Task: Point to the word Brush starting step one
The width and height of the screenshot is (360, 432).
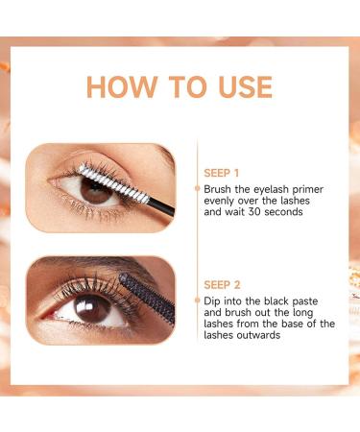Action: (x=220, y=191)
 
